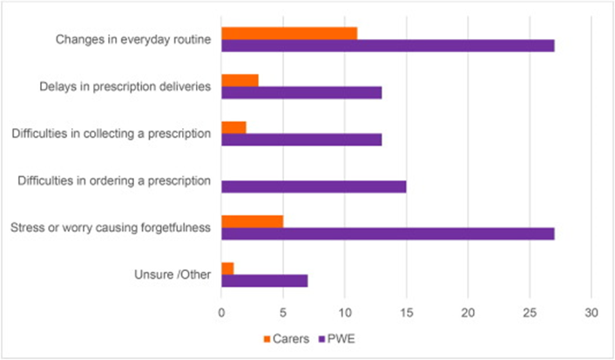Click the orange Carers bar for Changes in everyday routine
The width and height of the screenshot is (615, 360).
(289, 33)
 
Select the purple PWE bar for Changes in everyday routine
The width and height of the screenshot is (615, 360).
(388, 45)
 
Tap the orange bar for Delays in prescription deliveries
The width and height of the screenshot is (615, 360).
(240, 80)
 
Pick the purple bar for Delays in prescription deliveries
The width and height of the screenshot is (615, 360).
(301, 92)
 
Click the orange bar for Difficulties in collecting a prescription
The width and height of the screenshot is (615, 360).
(233, 127)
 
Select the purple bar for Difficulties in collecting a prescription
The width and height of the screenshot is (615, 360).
(301, 139)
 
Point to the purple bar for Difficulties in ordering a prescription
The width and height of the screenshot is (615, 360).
(314, 187)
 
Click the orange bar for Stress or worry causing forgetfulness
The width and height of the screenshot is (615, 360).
(252, 221)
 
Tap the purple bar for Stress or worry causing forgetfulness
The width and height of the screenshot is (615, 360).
(388, 234)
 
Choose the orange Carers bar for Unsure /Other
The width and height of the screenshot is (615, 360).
(227, 268)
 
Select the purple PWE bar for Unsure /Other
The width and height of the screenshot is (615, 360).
(264, 281)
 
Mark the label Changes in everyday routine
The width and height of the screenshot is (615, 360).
(133, 39)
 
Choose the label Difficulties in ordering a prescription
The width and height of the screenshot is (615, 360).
(115, 180)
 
